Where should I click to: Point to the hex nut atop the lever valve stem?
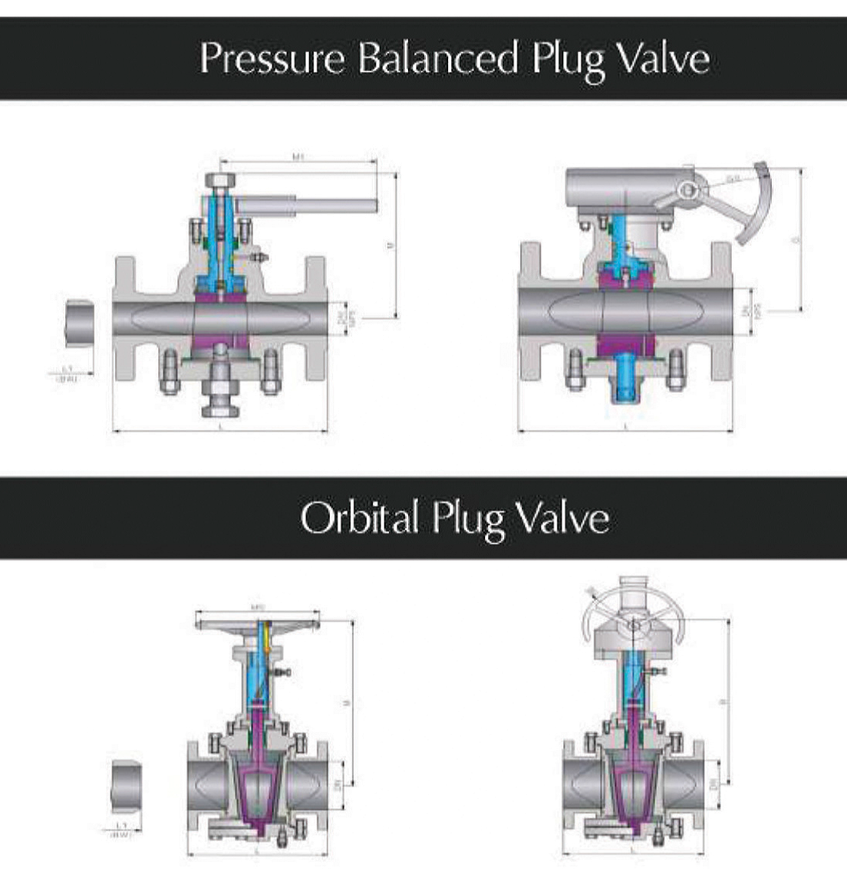click(220, 182)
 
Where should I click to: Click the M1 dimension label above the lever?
click(298, 157)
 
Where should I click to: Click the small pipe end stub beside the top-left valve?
click(80, 324)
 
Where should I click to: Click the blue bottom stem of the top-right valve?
click(627, 383)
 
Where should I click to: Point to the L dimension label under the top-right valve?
click(625, 426)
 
